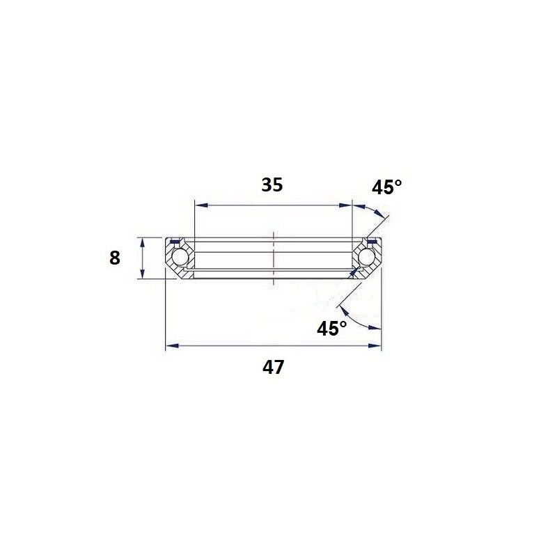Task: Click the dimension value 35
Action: click(x=272, y=185)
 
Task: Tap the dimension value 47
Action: click(x=273, y=368)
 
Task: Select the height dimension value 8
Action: click(x=115, y=258)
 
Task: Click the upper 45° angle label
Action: click(x=387, y=187)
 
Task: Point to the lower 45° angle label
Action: click(x=332, y=328)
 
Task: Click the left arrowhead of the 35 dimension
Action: click(x=201, y=205)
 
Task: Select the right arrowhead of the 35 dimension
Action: click(x=345, y=205)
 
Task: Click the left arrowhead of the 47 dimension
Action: click(x=172, y=345)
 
